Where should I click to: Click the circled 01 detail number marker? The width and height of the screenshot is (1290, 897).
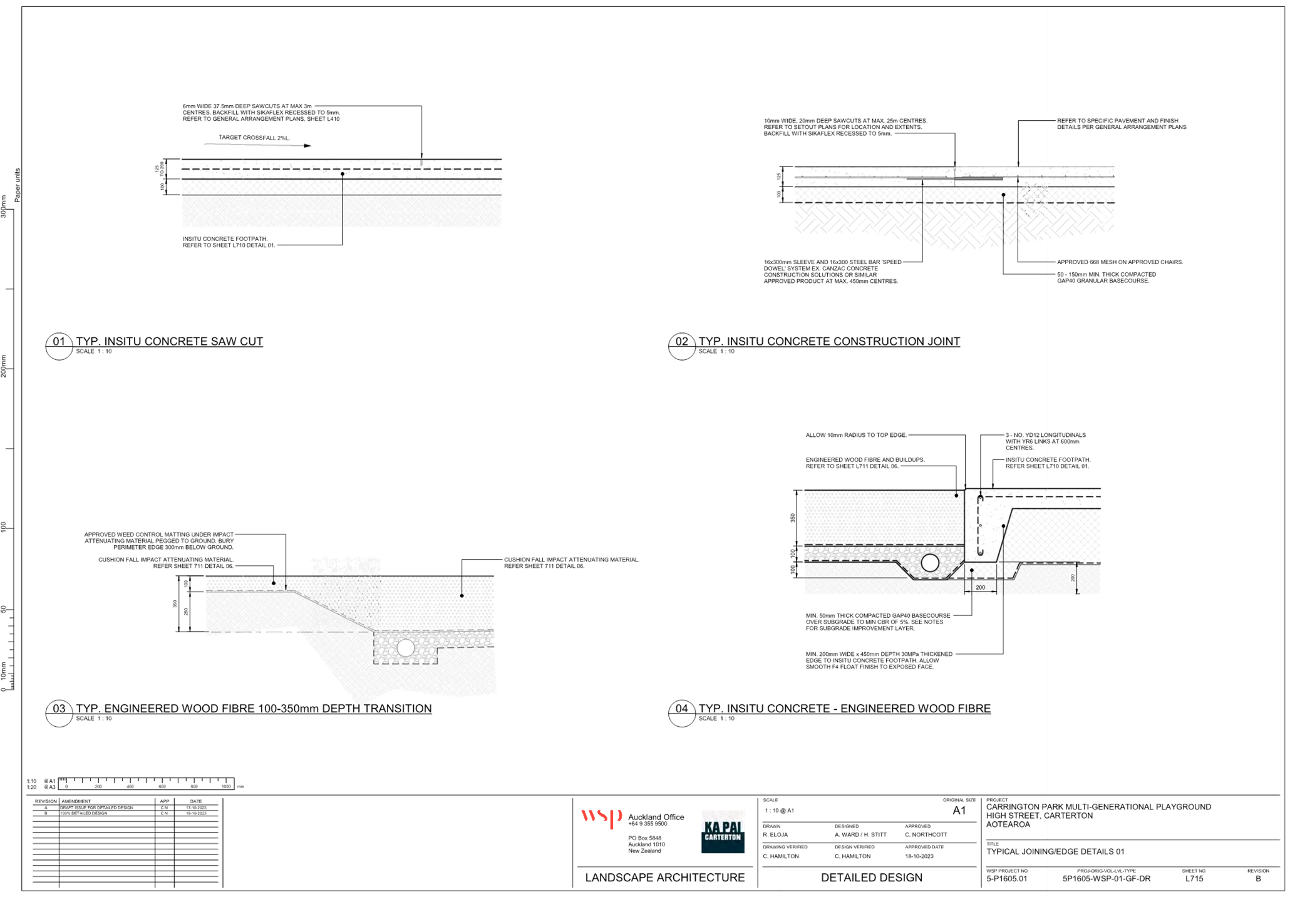pos(58,342)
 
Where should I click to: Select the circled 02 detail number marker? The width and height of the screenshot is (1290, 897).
pos(681,342)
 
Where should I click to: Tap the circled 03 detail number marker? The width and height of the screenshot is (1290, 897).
pos(58,709)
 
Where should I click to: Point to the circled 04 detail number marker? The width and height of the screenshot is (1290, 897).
pos(681,709)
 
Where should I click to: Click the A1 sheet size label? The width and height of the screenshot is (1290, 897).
pos(959,811)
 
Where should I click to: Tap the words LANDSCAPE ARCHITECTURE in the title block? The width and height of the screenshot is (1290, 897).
pos(664,878)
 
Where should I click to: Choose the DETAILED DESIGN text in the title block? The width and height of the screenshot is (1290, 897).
pos(872,878)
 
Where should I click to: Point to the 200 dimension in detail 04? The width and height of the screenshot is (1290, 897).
pos(980,588)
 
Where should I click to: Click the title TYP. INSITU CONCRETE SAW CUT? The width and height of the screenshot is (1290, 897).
pos(169,342)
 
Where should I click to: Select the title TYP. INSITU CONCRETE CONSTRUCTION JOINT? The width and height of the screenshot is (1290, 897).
pos(829,342)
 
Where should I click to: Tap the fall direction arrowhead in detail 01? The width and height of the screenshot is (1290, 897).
pos(307,146)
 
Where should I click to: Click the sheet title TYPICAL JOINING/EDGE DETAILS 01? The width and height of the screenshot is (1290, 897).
pos(1056,852)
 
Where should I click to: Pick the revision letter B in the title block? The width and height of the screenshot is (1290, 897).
pos(1258,879)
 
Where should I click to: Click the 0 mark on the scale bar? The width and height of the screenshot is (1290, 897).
pos(67,786)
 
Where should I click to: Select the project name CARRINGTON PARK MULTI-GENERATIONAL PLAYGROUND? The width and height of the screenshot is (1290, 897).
pos(1099,807)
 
